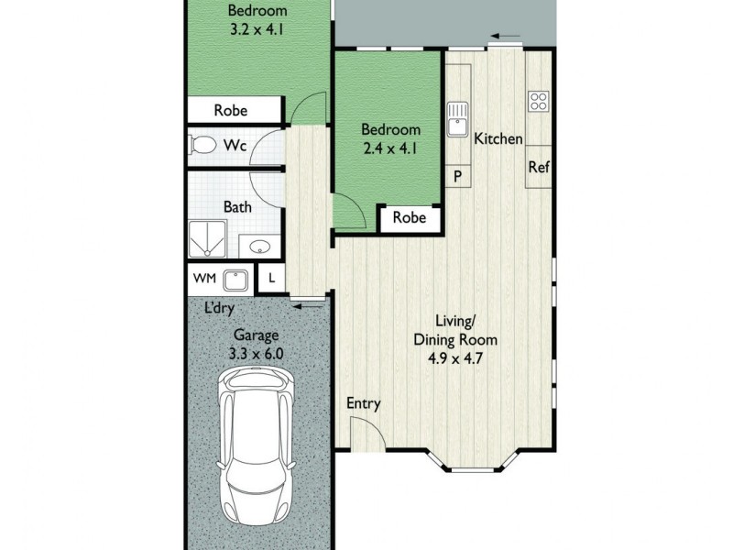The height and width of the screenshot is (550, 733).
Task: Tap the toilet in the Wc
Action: point(202,145)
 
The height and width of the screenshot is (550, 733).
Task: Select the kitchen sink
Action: point(457,120)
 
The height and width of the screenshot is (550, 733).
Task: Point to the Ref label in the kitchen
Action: point(538,168)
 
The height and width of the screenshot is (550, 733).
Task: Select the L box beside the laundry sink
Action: point(272,278)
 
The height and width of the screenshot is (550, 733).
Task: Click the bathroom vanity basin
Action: point(258,247)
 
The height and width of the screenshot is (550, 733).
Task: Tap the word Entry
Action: point(364,403)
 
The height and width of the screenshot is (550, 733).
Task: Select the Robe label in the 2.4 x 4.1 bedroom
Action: point(410,218)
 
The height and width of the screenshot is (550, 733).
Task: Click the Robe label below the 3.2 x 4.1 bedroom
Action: point(231,110)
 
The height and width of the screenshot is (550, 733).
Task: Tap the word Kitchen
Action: point(498,139)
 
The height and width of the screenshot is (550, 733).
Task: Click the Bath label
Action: point(238,207)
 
